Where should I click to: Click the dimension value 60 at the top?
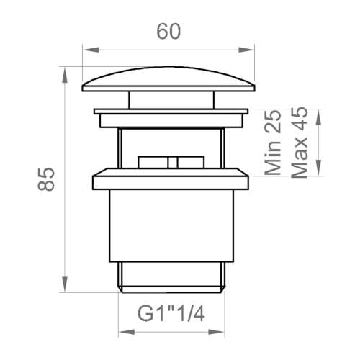[168, 32]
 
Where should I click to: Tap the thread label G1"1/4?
[170, 314]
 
